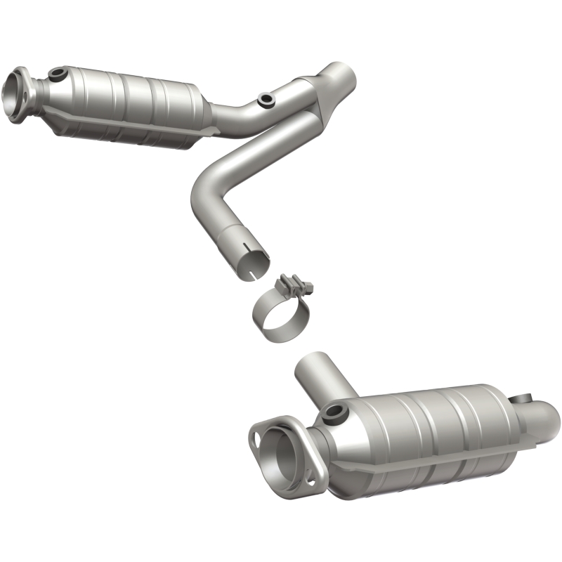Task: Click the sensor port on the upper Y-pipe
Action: (x=266, y=100)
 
